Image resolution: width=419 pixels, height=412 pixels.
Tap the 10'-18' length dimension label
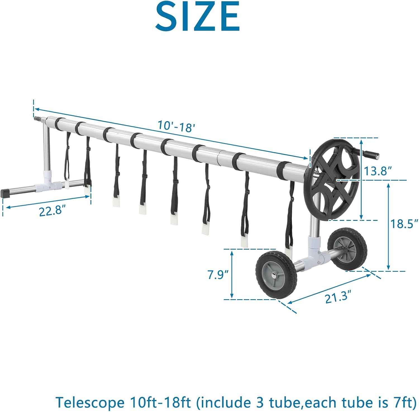[x=176, y=126]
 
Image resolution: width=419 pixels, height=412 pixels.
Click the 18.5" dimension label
[x=404, y=224]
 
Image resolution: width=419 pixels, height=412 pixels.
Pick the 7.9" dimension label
[x=218, y=275]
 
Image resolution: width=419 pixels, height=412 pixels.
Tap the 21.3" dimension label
[x=338, y=297]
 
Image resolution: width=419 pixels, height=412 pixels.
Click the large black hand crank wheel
[x=332, y=179]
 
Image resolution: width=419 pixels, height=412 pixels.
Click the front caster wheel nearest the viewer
[x=276, y=275]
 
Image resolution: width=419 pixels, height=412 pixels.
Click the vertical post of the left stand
[x=46, y=148]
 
